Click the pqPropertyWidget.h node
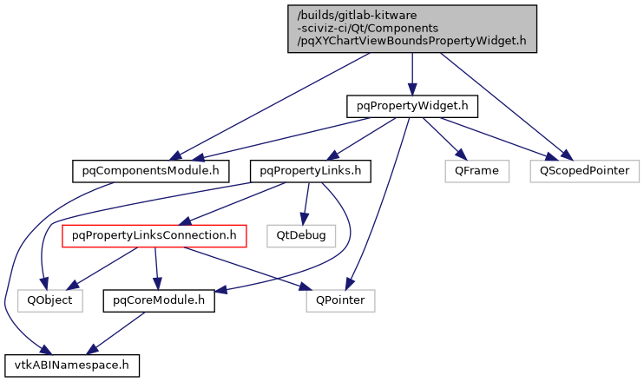[x=412, y=106]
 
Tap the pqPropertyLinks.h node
[x=310, y=170]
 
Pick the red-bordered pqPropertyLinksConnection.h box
[x=154, y=234]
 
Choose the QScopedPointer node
[x=585, y=170]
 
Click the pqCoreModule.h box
[x=159, y=300]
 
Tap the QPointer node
[x=340, y=300]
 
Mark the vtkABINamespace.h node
[x=71, y=365]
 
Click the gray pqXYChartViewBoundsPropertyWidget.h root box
[x=412, y=29]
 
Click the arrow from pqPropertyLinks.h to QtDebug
[x=304, y=202]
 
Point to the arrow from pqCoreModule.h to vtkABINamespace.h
[x=117, y=332]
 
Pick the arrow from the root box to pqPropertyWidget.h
[x=412, y=74]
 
